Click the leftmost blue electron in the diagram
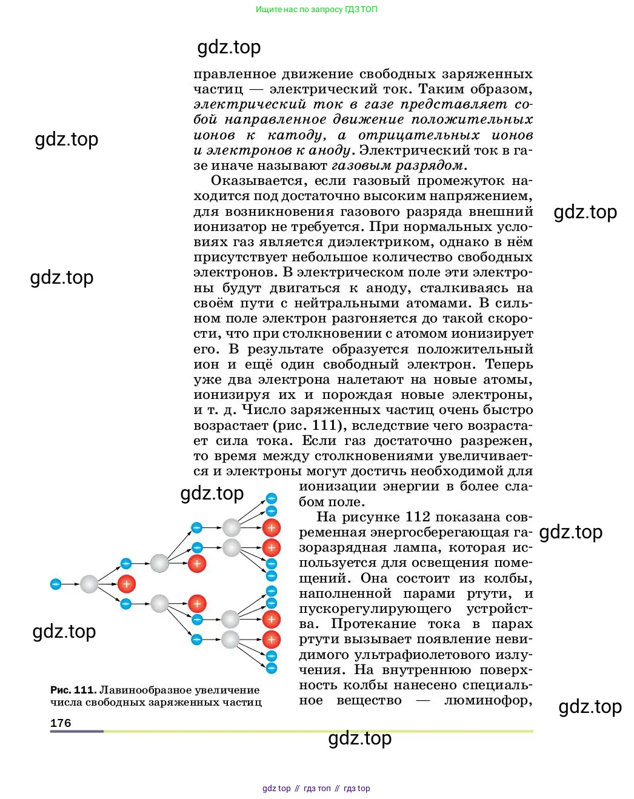56,584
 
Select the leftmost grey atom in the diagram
89,584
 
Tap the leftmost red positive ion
126,584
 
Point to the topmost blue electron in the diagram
272,498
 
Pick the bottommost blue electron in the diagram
272,668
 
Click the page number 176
61,723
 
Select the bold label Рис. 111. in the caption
73,690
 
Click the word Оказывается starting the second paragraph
254,181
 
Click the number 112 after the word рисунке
418,517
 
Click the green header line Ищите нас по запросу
316,9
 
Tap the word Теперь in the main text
509,364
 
